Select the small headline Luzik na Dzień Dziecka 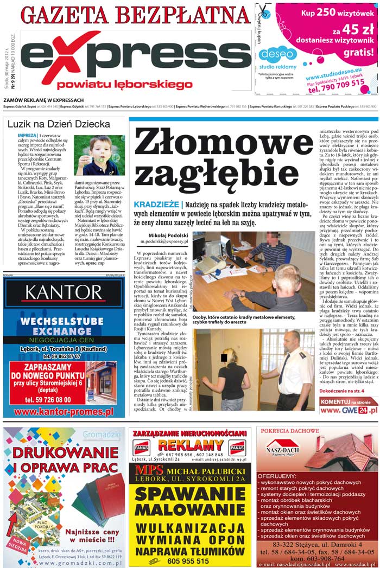(x=59, y=124)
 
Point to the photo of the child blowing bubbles (x=98, y=155)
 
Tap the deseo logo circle (x=277, y=54)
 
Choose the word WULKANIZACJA (x=189, y=528)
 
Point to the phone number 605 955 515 (x=188, y=561)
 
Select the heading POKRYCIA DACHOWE (x=290, y=431)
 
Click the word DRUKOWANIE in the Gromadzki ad (x=64, y=452)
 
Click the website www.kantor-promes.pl (x=64, y=412)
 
